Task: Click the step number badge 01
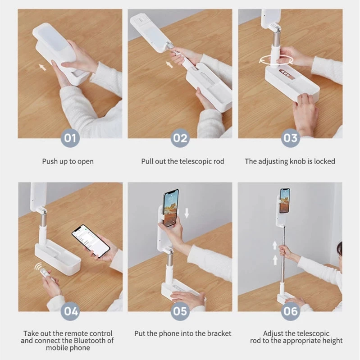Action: (x=70, y=137)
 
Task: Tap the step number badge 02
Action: (x=180, y=137)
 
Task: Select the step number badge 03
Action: (x=290, y=137)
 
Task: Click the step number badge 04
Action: (x=70, y=311)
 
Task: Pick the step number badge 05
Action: (x=180, y=311)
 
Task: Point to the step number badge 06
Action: (x=290, y=311)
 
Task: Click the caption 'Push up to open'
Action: (x=68, y=161)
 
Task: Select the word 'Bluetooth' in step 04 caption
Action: (x=91, y=341)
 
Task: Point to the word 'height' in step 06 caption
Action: (x=332, y=341)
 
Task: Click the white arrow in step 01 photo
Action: (x=42, y=67)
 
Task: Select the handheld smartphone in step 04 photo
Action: (x=91, y=240)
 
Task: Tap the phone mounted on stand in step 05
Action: (x=171, y=207)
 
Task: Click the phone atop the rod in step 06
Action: (x=285, y=201)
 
